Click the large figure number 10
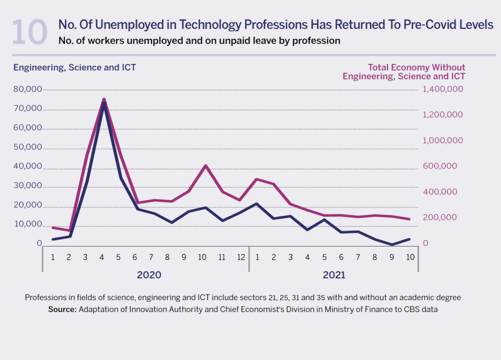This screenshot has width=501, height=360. [29, 33]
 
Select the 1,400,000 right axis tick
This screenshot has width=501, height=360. [442, 90]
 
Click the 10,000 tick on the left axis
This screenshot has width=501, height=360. [28, 225]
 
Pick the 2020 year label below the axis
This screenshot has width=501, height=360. [149, 275]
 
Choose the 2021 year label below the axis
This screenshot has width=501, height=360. [334, 275]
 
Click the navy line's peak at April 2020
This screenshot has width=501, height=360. [104, 103]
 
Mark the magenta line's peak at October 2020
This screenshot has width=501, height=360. [205, 166]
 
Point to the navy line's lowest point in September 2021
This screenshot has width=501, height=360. [392, 245]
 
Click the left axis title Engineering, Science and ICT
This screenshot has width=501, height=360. [74, 67]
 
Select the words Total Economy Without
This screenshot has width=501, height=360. [416, 67]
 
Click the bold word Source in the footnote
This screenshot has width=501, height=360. [62, 310]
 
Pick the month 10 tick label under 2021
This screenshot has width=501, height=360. [410, 257]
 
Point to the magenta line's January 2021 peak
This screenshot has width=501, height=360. [256, 179]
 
